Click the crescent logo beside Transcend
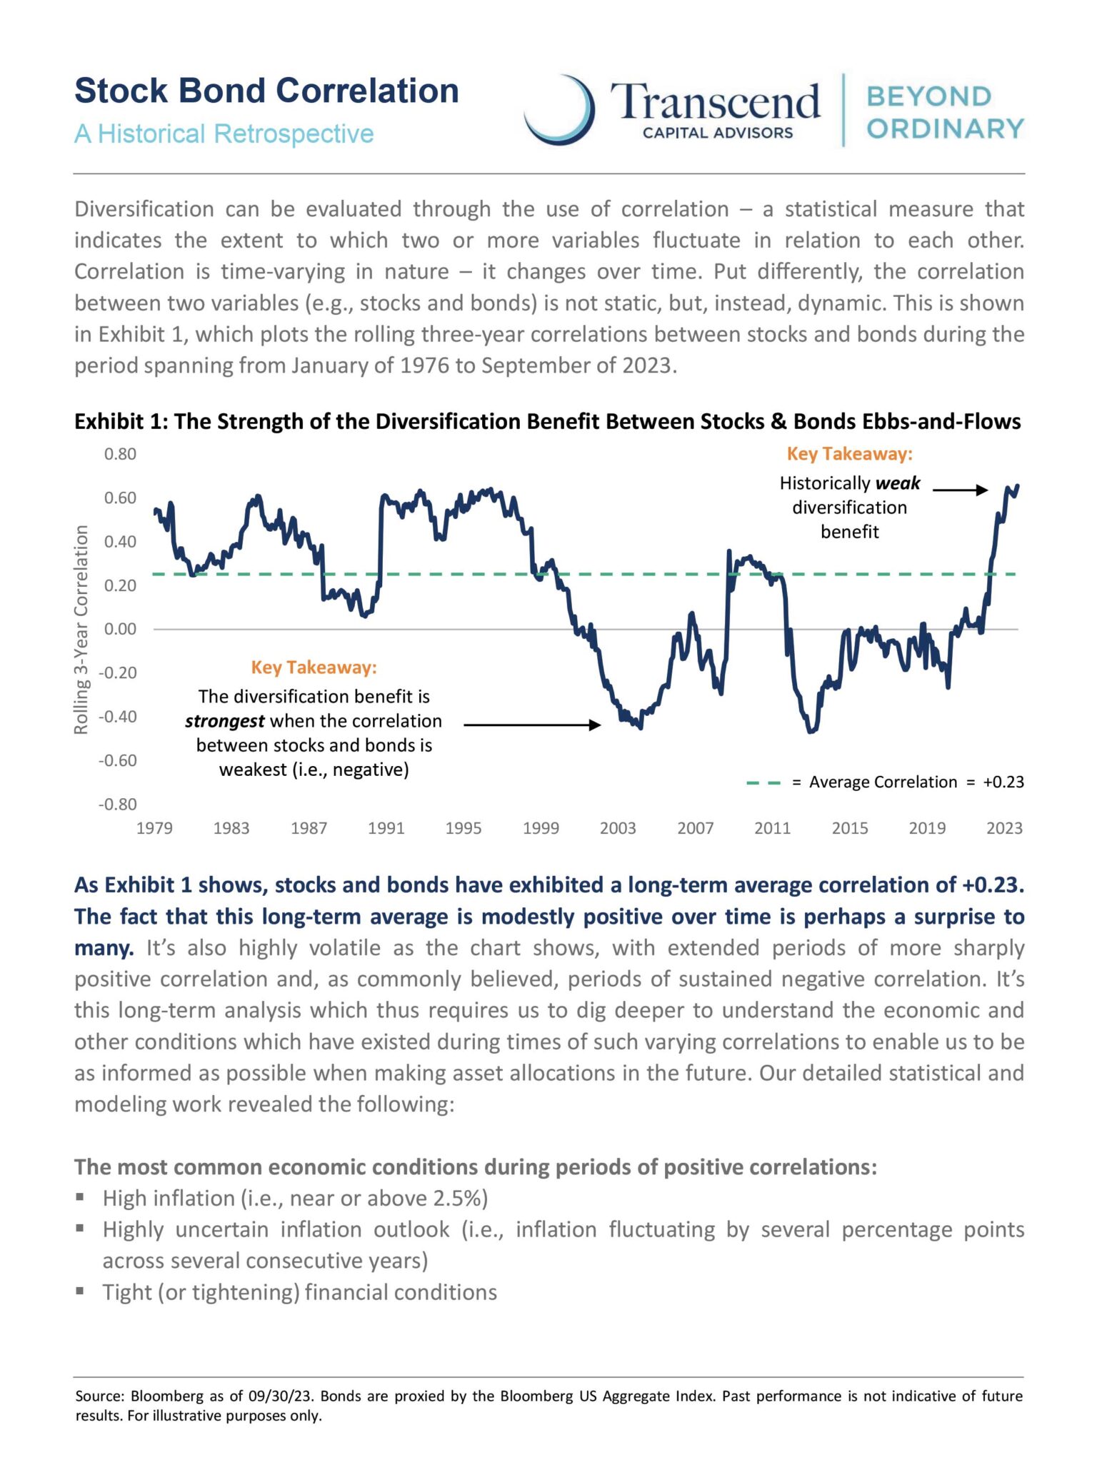pos(561,111)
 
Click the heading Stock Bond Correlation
pos(266,91)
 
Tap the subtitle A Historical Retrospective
pos(224,133)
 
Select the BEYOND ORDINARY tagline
pos(945,113)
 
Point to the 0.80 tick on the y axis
pos(120,454)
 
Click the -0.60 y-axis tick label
pos(117,760)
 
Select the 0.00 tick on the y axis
pos(120,629)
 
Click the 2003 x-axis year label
pos(618,828)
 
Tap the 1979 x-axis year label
pos(154,828)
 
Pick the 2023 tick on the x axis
pos(1004,828)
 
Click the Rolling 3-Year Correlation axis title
pos(81,630)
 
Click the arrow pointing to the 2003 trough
pos(532,725)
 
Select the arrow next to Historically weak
pos(960,490)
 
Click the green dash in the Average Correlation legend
pos(763,782)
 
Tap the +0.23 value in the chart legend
pos(1003,782)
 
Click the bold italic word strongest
pos(224,721)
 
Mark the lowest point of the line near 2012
pos(811,732)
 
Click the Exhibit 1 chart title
pos(547,422)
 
